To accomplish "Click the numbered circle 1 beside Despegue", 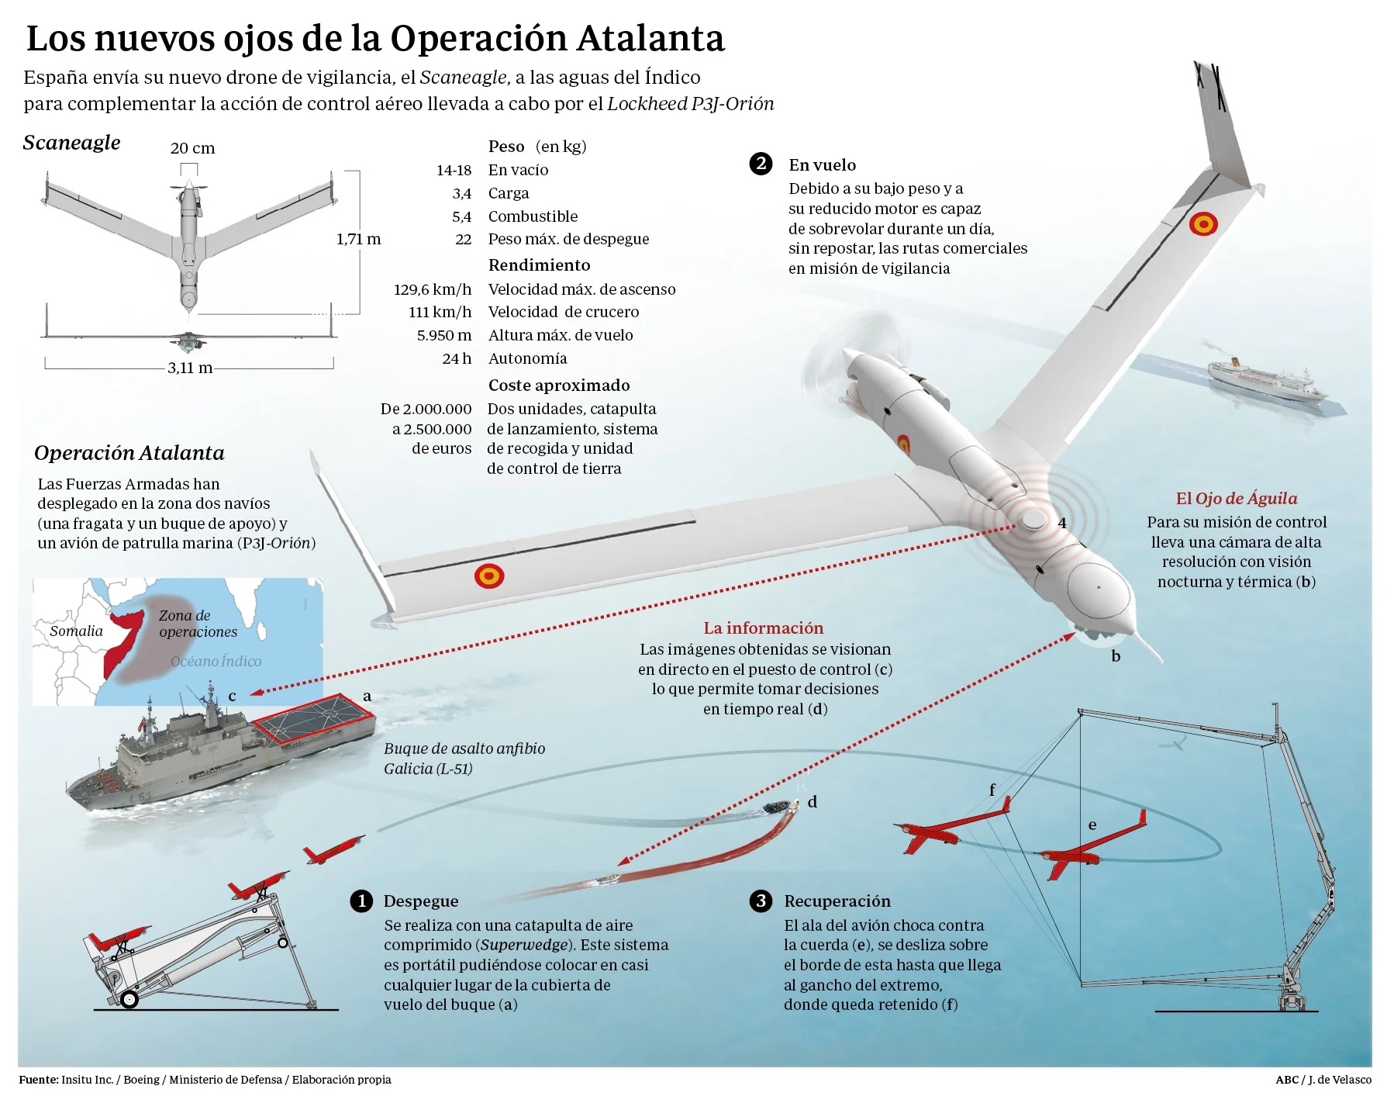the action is pos(361,901).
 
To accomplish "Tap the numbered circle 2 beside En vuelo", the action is pos(761,164).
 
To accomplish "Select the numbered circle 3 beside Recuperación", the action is pos(761,901).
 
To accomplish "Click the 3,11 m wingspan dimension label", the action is pos(190,368).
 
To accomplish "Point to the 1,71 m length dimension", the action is pos(358,239).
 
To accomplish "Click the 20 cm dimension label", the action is pos(192,148).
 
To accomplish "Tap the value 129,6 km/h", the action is pos(433,289).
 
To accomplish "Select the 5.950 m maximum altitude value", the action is pos(443,335).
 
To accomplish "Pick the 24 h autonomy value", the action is pos(457,358).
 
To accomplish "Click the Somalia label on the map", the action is pos(76,631).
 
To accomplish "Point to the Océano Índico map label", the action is pos(216,661).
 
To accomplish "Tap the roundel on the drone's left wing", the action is pos(489,576).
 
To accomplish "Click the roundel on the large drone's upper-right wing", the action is pos(1203,224).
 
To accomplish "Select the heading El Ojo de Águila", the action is pos(1236,499).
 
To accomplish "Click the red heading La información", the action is pos(764,628).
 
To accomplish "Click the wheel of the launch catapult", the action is pos(129,999).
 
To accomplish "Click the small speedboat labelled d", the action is pos(781,807).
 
